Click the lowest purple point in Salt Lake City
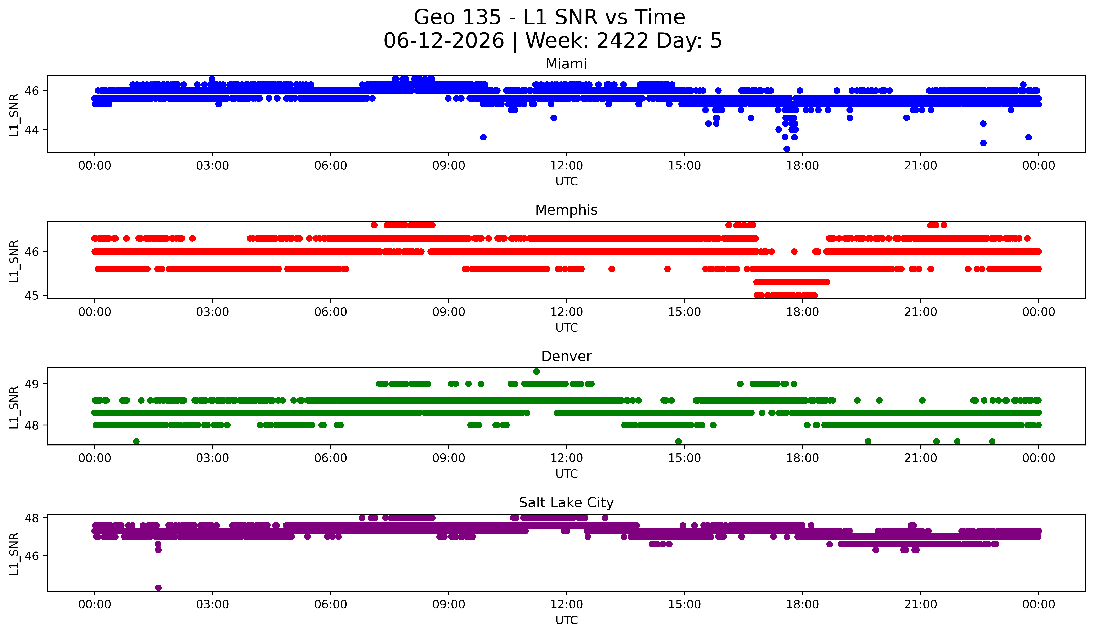pyautogui.click(x=158, y=588)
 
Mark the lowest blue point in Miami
pyautogui.click(x=787, y=149)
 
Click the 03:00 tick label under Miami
pyautogui.click(x=213, y=166)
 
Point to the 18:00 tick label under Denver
pyautogui.click(x=803, y=458)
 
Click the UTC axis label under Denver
pyautogui.click(x=567, y=474)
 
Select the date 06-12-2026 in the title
pyautogui.click(x=444, y=41)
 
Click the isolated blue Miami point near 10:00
pyautogui.click(x=483, y=137)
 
